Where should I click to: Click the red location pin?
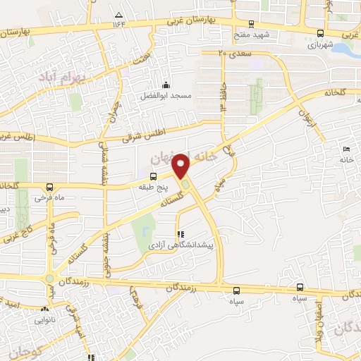(x=181, y=165)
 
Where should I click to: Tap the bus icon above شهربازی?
(x=321, y=33)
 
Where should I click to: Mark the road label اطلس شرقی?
(x=141, y=131)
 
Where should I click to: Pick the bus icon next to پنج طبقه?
(x=153, y=175)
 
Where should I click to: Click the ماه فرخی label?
(x=51, y=197)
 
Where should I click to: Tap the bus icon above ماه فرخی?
(x=49, y=187)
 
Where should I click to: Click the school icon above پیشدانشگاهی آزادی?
(x=180, y=233)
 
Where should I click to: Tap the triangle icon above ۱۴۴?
(x=118, y=14)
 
